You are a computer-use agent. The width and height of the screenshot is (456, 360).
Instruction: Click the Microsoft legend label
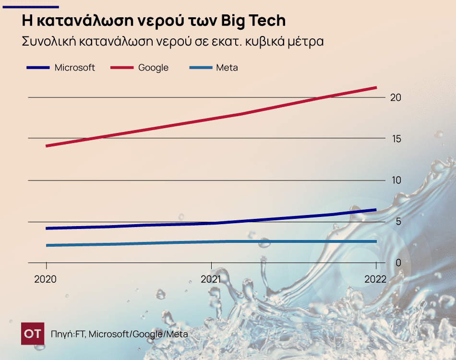74,68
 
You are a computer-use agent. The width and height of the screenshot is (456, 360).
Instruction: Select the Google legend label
153,68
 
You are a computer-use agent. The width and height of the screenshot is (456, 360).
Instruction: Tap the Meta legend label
227,68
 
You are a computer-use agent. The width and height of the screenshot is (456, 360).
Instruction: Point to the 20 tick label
396,97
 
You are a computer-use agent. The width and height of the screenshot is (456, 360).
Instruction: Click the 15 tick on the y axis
396,139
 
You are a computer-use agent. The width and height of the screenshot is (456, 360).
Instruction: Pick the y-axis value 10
396,180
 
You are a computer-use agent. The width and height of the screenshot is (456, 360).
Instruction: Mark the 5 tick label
396,221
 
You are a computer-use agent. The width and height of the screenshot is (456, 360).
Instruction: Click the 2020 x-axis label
46,279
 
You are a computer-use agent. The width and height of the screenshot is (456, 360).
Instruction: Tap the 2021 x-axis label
211,279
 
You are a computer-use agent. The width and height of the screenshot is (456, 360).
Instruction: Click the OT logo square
33,334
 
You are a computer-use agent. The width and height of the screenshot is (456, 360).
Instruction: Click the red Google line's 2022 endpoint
376,87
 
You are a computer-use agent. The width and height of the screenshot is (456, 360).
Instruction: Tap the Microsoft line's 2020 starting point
47,228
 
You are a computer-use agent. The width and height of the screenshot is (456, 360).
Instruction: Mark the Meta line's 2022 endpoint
376,241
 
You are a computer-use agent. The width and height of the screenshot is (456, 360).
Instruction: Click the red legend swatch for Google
122,68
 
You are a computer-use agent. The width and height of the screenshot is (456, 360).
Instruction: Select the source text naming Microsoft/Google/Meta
138,334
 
